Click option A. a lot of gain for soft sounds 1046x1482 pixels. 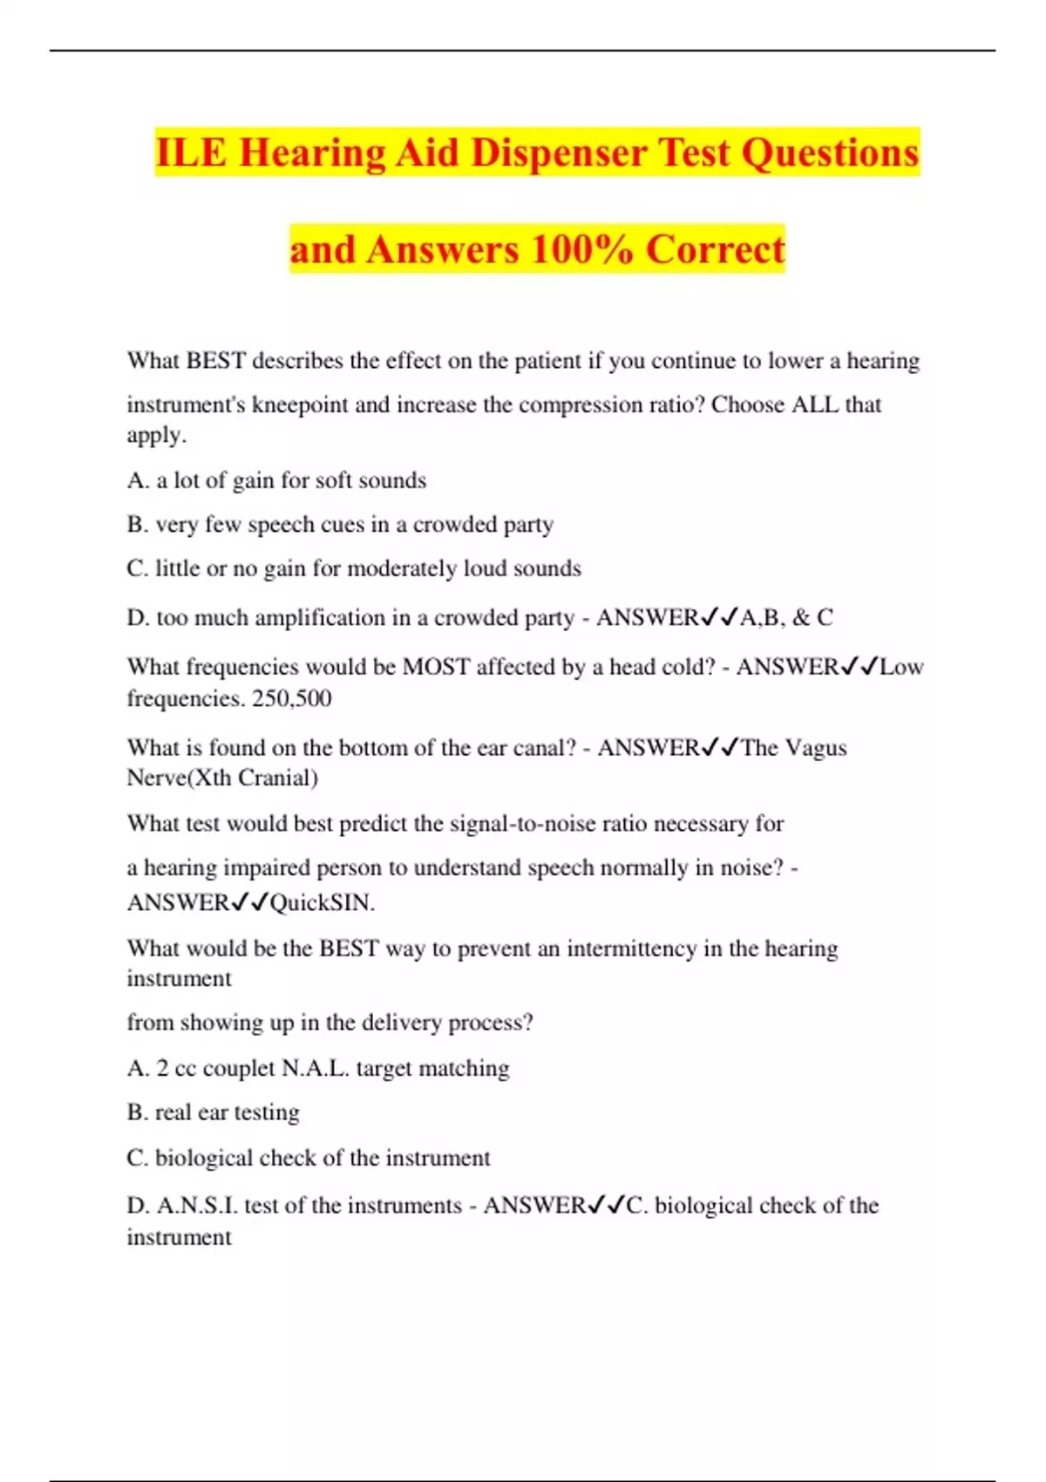(x=276, y=480)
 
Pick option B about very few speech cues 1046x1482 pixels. (x=340, y=525)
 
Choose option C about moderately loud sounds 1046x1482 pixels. (x=353, y=569)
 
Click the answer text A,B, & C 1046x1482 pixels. (x=786, y=618)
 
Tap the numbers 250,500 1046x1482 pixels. (x=291, y=698)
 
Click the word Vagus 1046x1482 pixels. (x=816, y=748)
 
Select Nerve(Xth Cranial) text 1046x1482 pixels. (x=222, y=778)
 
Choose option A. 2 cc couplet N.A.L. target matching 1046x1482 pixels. (x=318, y=1069)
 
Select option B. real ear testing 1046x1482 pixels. (x=214, y=1112)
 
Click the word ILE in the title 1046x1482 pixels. (x=191, y=153)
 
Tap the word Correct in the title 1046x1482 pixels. (x=715, y=250)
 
